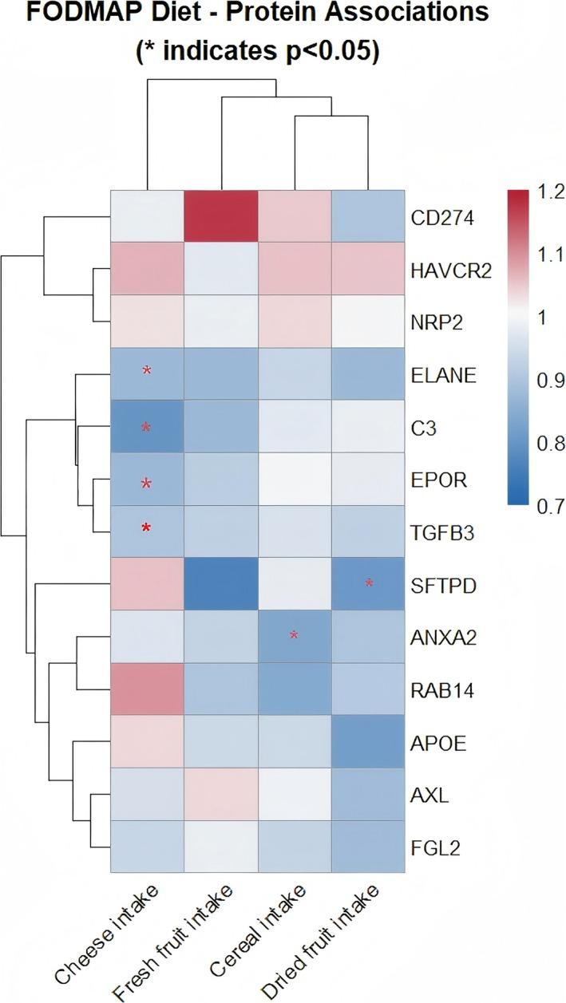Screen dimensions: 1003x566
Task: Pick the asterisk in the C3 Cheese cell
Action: (x=146, y=427)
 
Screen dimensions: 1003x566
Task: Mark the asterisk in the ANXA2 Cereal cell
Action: (x=294, y=636)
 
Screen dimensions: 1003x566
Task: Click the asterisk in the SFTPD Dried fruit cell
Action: (x=369, y=583)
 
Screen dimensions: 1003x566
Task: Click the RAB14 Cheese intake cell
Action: (x=146, y=689)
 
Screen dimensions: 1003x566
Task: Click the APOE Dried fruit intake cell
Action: (x=369, y=742)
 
